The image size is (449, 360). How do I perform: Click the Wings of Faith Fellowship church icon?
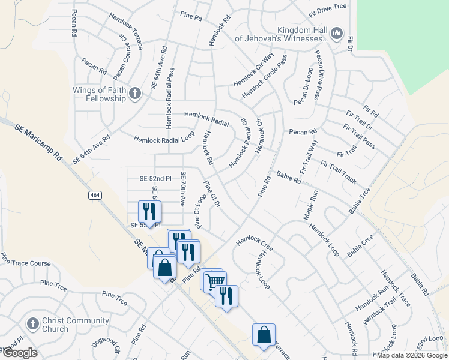pyautogui.click(x=135, y=93)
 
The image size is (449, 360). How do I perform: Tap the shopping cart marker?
pyautogui.click(x=215, y=280)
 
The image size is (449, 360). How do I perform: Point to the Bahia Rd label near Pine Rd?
pyautogui.click(x=289, y=178)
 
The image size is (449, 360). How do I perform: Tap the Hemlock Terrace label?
pyautogui.click(x=127, y=25)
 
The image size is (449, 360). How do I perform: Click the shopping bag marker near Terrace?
pyautogui.click(x=264, y=335)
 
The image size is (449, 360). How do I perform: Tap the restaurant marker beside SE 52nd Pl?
pyautogui.click(x=149, y=211)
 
